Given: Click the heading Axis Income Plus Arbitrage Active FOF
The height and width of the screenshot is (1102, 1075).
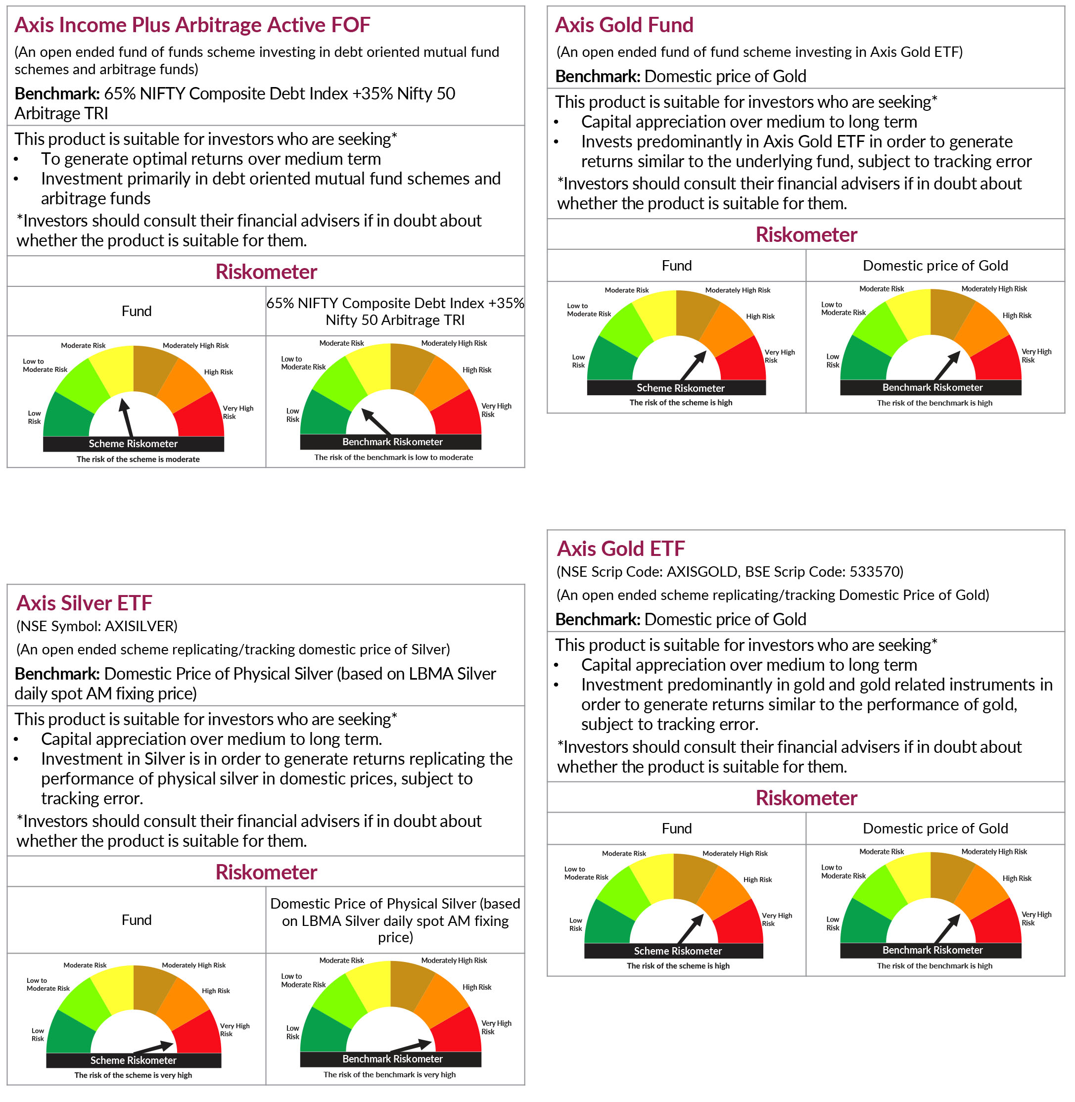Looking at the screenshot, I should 192,25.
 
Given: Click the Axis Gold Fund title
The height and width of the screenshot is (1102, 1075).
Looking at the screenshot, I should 624,25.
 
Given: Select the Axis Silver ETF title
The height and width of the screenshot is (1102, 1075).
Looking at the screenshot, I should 84,603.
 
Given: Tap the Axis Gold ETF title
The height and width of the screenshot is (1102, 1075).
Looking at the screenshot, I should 620,549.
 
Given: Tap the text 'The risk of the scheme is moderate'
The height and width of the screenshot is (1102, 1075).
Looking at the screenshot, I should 139,459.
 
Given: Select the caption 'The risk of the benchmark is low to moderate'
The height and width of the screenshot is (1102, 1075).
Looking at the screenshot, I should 393,458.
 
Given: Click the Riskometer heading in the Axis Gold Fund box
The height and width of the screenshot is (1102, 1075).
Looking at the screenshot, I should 806,235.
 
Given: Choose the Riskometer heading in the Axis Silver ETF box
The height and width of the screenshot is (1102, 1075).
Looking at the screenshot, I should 266,872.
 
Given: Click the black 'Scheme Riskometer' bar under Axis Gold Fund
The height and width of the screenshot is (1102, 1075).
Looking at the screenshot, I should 680,388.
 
